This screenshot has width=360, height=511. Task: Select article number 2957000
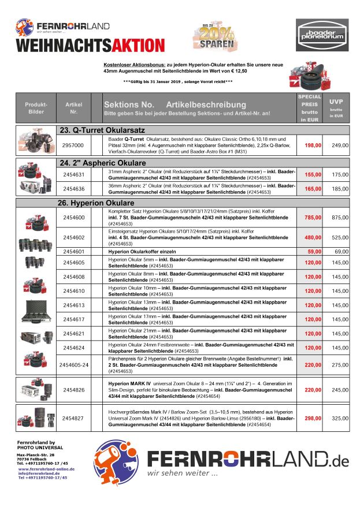click(73, 146)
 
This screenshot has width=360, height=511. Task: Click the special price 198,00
click(313, 146)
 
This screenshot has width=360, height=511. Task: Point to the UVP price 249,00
click(340, 146)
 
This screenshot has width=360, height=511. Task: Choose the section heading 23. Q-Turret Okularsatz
click(102, 130)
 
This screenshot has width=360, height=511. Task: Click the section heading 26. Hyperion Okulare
click(96, 203)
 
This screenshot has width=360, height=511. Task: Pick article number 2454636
click(73, 188)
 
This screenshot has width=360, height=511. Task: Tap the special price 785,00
click(313, 217)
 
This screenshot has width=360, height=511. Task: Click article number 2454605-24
click(73, 365)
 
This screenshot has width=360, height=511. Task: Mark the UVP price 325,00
click(340, 417)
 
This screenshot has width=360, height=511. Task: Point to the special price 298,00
click(313, 417)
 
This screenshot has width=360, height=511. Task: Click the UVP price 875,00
click(340, 217)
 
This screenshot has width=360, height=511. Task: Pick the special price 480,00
click(313, 237)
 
